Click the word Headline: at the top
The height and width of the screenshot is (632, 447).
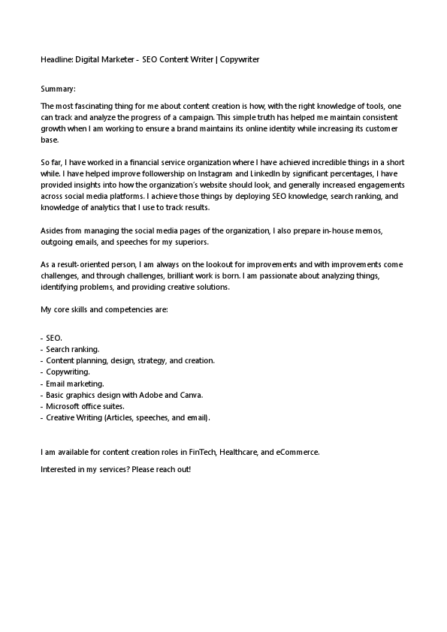(x=57, y=59)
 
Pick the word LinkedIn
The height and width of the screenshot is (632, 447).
(x=248, y=173)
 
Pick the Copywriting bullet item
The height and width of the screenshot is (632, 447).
(x=68, y=372)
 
